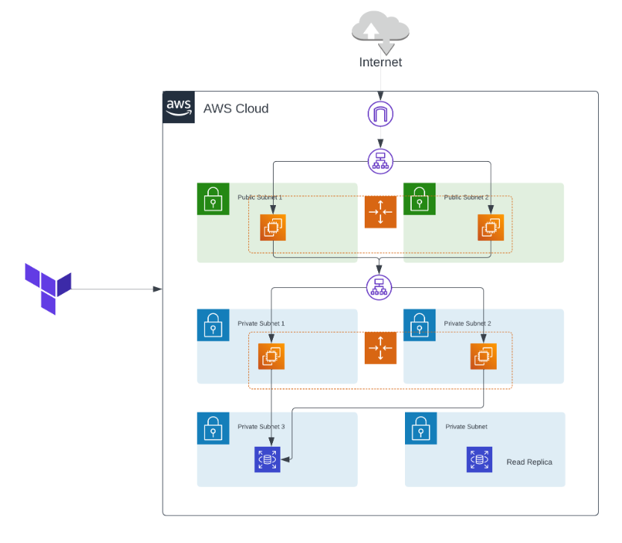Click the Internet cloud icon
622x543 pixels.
click(380, 31)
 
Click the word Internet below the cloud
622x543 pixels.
click(380, 63)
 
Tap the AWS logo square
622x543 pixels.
click(179, 107)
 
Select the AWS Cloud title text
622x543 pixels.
click(236, 109)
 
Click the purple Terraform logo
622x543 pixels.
click(48, 288)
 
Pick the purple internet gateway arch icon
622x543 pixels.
click(380, 115)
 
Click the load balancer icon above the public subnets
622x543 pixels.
click(380, 160)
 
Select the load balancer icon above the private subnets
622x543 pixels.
click(379, 287)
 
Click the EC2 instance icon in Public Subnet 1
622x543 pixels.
click(273, 227)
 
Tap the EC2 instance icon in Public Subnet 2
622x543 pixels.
click(490, 227)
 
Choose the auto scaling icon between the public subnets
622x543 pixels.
click(380, 212)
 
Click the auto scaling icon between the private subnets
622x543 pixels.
click(380, 348)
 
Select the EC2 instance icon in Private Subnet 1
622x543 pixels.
click(271, 356)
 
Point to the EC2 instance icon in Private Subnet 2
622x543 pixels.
click(483, 356)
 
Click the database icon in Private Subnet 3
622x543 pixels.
click(267, 460)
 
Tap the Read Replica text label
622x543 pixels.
click(529, 462)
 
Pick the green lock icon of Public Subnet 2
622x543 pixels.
click(419, 199)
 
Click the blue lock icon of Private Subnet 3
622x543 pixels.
click(213, 428)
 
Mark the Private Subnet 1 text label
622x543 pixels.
click(261, 324)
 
